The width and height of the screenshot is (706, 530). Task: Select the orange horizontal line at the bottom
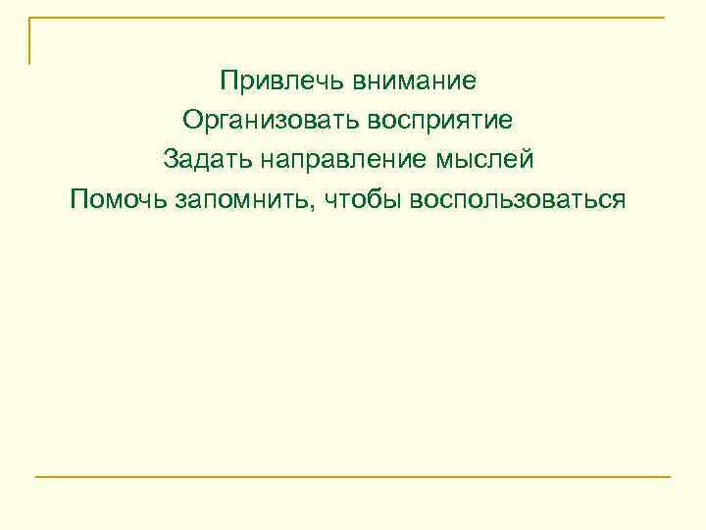[x=353, y=477]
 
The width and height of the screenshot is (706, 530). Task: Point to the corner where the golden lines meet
[x=29, y=18]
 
